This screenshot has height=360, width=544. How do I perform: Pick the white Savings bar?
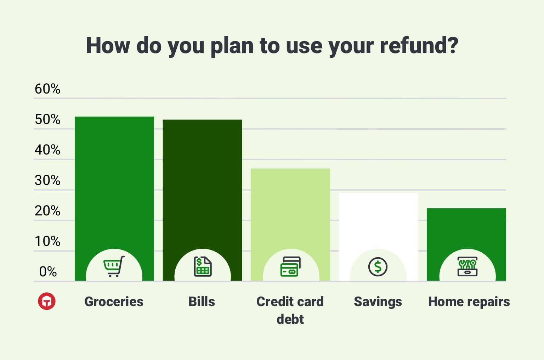coord(378,220)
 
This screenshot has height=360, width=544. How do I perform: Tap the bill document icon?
coord(203,266)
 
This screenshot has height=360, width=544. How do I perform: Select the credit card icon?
coord(290,266)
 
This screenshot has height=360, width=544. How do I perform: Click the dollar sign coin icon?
coord(378,267)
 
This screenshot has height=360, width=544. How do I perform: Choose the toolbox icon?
coord(467,266)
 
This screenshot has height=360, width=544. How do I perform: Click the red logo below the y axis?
coord(47,302)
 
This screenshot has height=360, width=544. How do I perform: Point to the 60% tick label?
coord(47,89)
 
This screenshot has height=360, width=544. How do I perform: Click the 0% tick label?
coord(48,272)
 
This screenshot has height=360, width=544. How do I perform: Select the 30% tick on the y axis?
coord(47,180)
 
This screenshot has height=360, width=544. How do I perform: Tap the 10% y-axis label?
coord(47,241)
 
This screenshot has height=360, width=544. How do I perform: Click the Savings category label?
coord(378,302)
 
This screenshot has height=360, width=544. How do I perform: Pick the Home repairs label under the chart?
coord(469,302)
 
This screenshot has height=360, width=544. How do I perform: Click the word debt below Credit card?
coord(290,319)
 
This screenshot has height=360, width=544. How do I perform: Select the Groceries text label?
coord(114,302)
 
